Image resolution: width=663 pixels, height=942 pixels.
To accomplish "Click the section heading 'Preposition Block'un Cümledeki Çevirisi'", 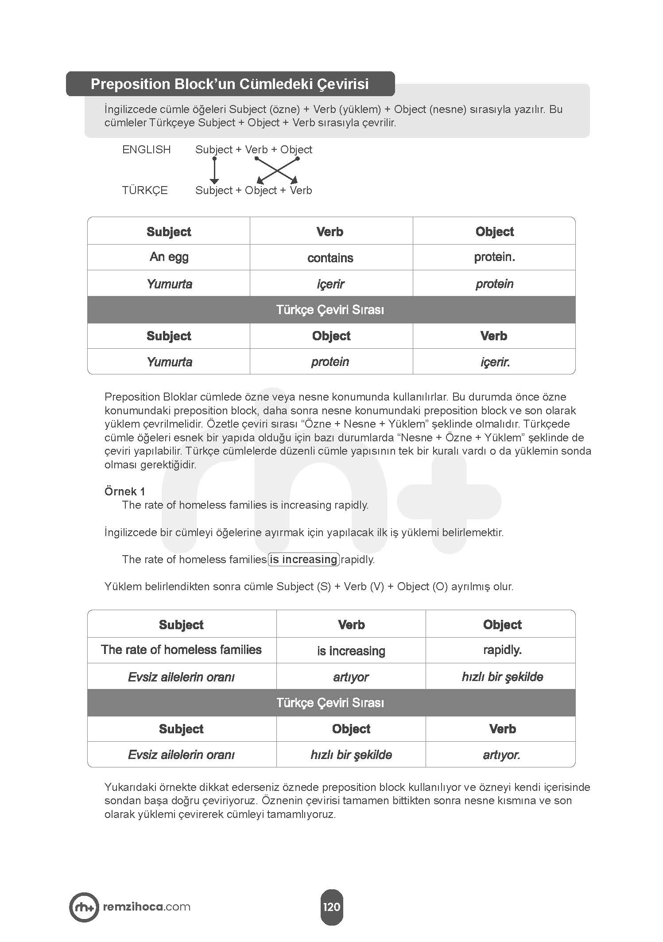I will (x=229, y=84).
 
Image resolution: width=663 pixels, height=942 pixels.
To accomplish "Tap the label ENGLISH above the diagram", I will (x=146, y=150).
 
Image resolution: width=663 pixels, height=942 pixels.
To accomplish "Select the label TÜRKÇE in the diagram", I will (x=145, y=191).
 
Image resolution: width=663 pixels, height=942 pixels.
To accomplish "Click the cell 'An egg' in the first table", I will (x=169, y=257).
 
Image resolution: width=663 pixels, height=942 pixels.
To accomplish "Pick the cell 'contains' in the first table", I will (x=330, y=258).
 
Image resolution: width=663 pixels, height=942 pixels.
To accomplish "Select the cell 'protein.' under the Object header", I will (x=494, y=257).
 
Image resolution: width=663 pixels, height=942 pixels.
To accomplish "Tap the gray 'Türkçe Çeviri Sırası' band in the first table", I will (x=330, y=310).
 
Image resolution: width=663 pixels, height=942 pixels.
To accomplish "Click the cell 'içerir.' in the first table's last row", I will (x=495, y=362).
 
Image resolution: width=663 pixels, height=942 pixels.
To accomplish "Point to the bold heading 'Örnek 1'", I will (x=125, y=491).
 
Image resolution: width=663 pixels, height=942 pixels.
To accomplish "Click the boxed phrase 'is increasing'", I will (x=304, y=560).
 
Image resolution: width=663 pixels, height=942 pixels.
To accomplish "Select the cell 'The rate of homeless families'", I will (x=181, y=650).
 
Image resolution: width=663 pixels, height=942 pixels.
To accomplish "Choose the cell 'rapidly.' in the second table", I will (x=502, y=650).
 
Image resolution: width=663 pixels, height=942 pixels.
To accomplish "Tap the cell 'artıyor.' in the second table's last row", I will (x=501, y=755).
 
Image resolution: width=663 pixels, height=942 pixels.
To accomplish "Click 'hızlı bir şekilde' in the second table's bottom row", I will (x=351, y=755).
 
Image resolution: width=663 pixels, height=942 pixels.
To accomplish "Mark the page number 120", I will (x=331, y=907).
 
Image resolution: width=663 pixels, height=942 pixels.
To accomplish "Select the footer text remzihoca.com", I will (x=147, y=907).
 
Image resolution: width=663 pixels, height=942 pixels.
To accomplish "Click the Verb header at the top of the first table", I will (x=330, y=232).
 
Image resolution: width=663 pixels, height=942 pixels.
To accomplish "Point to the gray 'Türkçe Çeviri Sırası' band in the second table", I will (x=330, y=703).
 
